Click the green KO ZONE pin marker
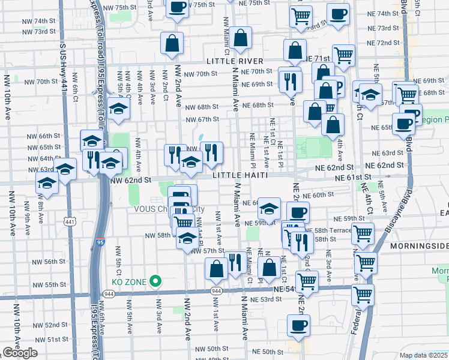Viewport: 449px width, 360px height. point(155,280)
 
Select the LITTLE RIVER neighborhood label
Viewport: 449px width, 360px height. point(235,61)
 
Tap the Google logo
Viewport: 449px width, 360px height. point(20,353)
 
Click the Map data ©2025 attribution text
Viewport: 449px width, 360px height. point(423,355)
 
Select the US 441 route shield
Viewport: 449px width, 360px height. point(70,222)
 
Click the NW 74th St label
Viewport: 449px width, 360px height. point(45,20)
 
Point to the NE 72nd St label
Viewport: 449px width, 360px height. point(384,43)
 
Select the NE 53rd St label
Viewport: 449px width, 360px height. point(267,299)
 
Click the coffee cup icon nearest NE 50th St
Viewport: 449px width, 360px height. point(299,326)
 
